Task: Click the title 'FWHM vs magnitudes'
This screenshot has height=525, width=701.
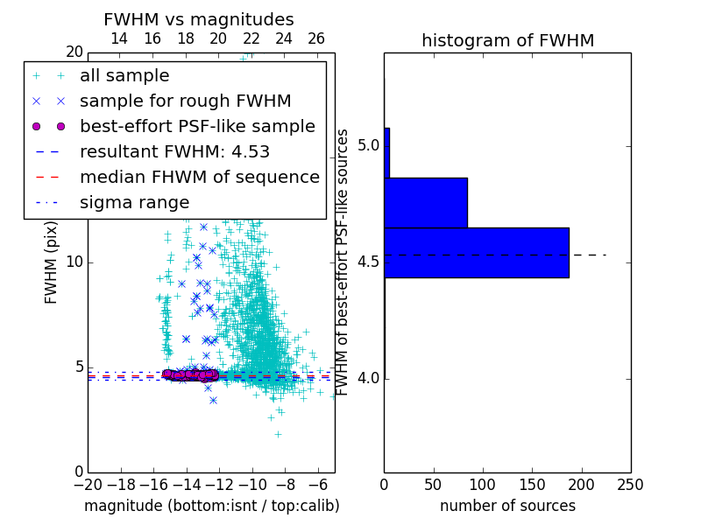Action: [199, 19]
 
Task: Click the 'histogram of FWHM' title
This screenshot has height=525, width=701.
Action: [507, 40]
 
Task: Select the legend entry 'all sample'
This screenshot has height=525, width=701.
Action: [124, 75]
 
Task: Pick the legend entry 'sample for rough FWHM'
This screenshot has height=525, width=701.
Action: [185, 101]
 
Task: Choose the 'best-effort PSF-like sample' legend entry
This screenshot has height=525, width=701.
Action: [197, 126]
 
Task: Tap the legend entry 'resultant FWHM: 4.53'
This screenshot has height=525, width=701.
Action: [174, 151]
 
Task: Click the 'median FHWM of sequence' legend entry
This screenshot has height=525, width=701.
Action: [199, 177]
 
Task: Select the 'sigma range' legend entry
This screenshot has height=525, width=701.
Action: [134, 202]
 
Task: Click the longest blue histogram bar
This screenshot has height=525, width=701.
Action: [477, 253]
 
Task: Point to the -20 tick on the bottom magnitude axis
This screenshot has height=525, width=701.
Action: [88, 484]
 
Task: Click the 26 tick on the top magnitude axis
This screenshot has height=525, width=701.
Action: [316, 38]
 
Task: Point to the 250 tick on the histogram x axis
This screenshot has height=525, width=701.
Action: [630, 484]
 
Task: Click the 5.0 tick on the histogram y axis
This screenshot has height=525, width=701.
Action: [367, 144]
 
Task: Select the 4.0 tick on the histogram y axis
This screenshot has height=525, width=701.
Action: [367, 378]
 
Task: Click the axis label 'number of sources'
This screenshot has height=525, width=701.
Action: [507, 506]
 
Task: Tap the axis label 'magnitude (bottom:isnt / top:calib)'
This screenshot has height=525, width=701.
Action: [211, 506]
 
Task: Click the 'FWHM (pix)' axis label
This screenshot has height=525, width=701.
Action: [52, 262]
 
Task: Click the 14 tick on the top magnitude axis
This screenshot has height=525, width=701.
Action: [119, 38]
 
